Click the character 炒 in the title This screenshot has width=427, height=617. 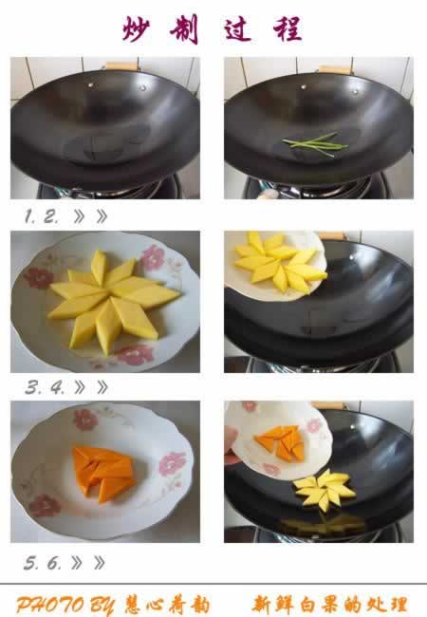pyautogui.click(x=136, y=28)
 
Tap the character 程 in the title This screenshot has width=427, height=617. pyautogui.click(x=288, y=28)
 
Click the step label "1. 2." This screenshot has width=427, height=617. pyautogui.click(x=42, y=216)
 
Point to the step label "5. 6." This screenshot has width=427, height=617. pyautogui.click(x=43, y=563)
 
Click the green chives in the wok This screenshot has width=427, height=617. pyautogui.click(x=315, y=144)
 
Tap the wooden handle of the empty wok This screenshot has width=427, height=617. pyautogui.click(x=122, y=66)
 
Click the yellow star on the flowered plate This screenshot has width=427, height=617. pyautogui.click(x=114, y=301)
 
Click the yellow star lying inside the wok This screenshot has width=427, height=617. pyautogui.click(x=325, y=490)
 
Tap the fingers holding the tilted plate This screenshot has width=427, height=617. pyautogui.click(x=231, y=444)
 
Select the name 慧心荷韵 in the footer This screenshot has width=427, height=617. pyautogui.click(x=167, y=605)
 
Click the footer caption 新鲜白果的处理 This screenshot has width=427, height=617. pyautogui.click(x=329, y=605)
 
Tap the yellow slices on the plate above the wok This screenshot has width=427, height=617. pyautogui.click(x=281, y=261)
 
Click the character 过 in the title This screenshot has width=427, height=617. pyautogui.click(x=238, y=28)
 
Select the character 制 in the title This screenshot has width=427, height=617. pyautogui.click(x=184, y=28)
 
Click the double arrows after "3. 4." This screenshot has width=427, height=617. pyautogui.click(x=91, y=388)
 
